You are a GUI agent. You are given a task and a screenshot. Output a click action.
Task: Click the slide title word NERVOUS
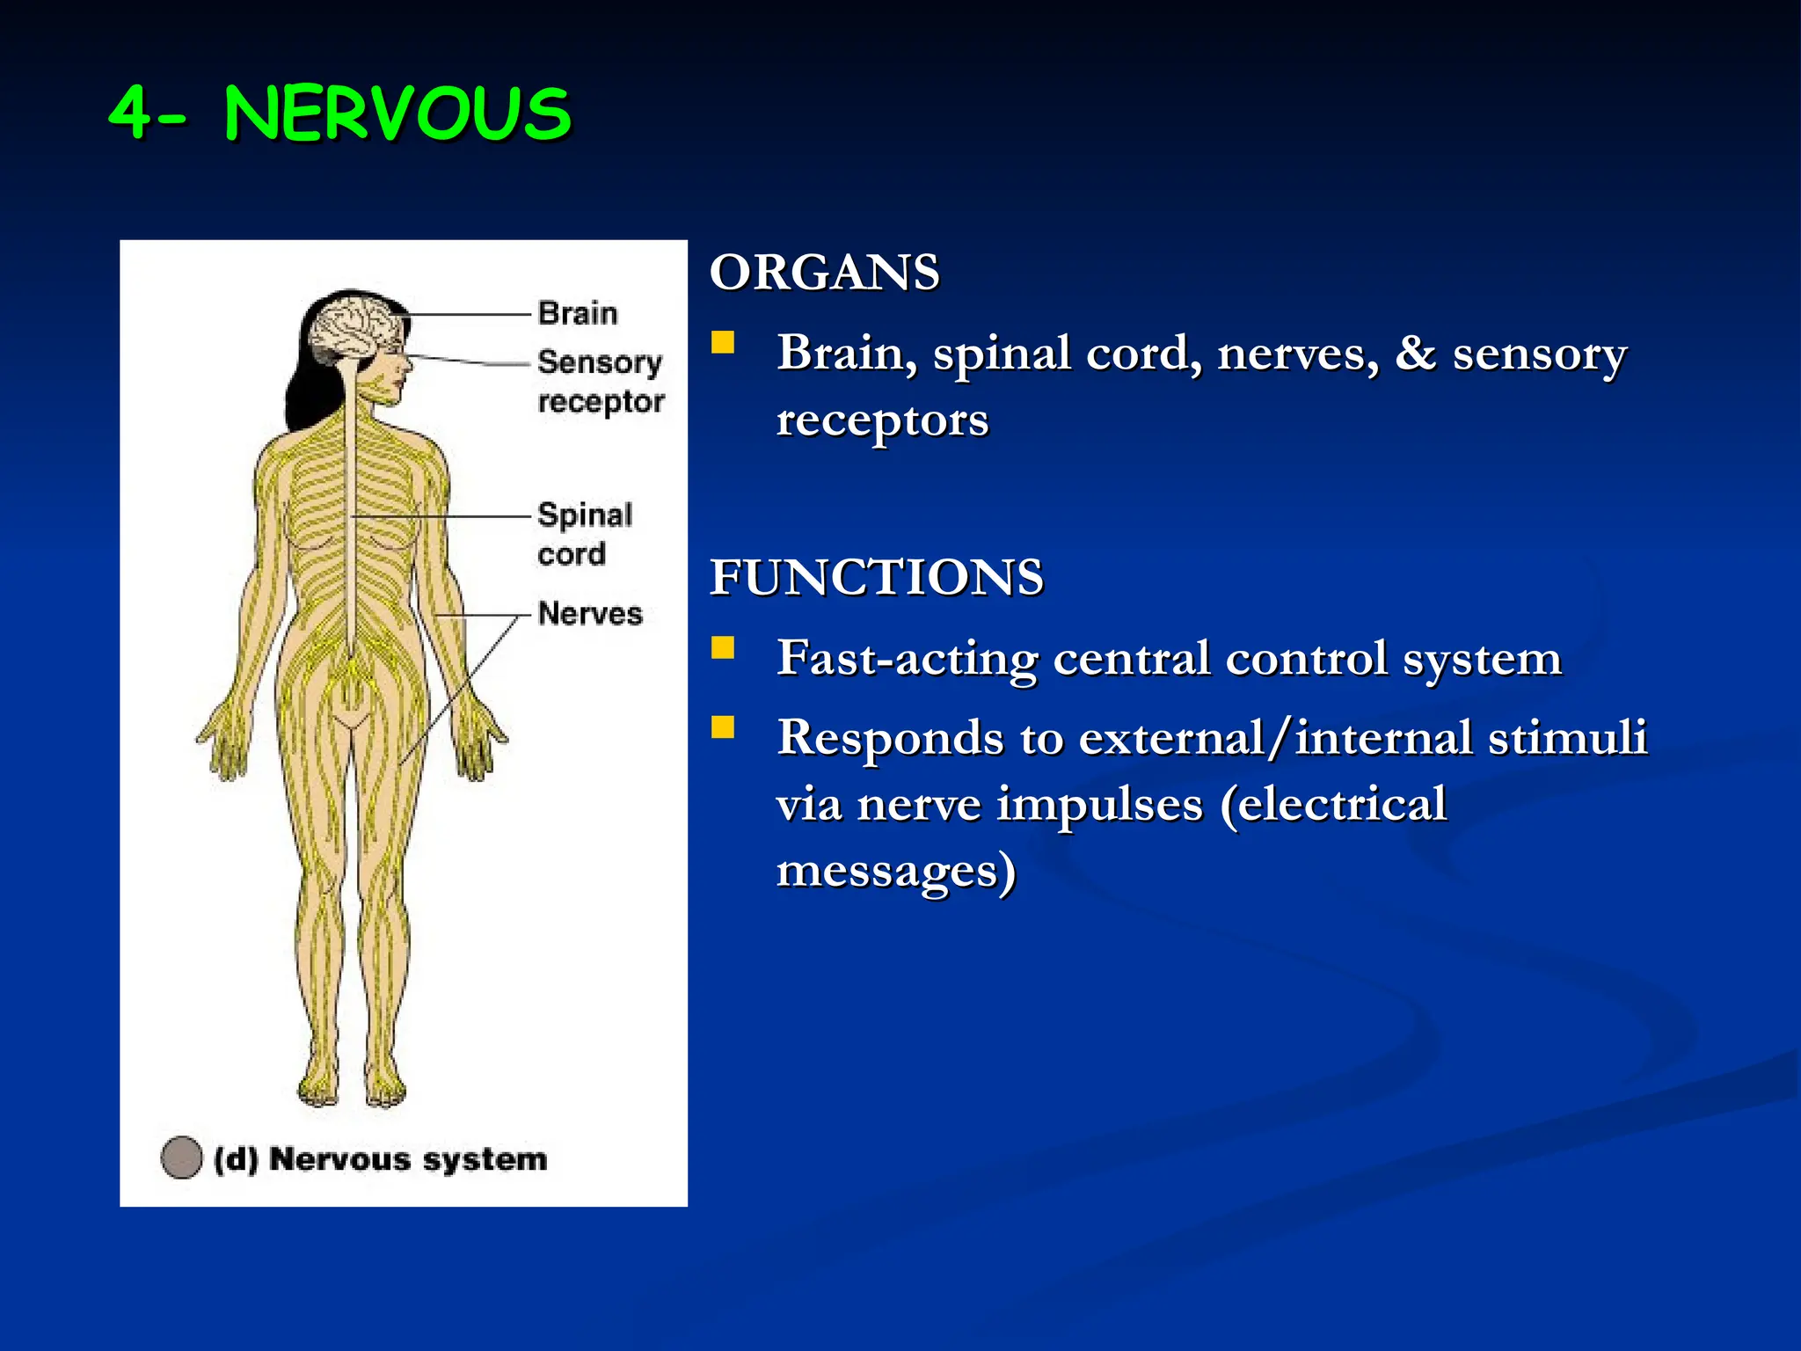pos(397,114)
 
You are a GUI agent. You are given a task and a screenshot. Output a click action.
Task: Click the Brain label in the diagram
pos(578,313)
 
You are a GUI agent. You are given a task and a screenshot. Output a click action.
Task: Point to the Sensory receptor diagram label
pos(601,382)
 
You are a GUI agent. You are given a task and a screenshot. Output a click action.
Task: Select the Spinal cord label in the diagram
pos(584,534)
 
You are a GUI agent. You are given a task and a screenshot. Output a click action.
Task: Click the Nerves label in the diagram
pos(590,613)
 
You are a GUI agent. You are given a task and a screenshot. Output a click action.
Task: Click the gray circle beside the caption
pos(182,1157)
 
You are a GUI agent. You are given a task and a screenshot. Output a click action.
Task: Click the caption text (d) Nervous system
pos(381,1159)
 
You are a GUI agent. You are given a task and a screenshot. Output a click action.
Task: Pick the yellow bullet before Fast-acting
pos(723,648)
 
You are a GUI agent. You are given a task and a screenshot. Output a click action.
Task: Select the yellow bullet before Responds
pos(723,727)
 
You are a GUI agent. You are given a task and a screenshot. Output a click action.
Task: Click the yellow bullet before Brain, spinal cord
pos(723,342)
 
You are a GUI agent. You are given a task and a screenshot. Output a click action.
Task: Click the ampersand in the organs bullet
pos(1416,354)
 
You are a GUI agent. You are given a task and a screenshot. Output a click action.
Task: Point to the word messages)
pos(895,871)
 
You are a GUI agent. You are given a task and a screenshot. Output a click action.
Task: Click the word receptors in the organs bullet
pos(882,420)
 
